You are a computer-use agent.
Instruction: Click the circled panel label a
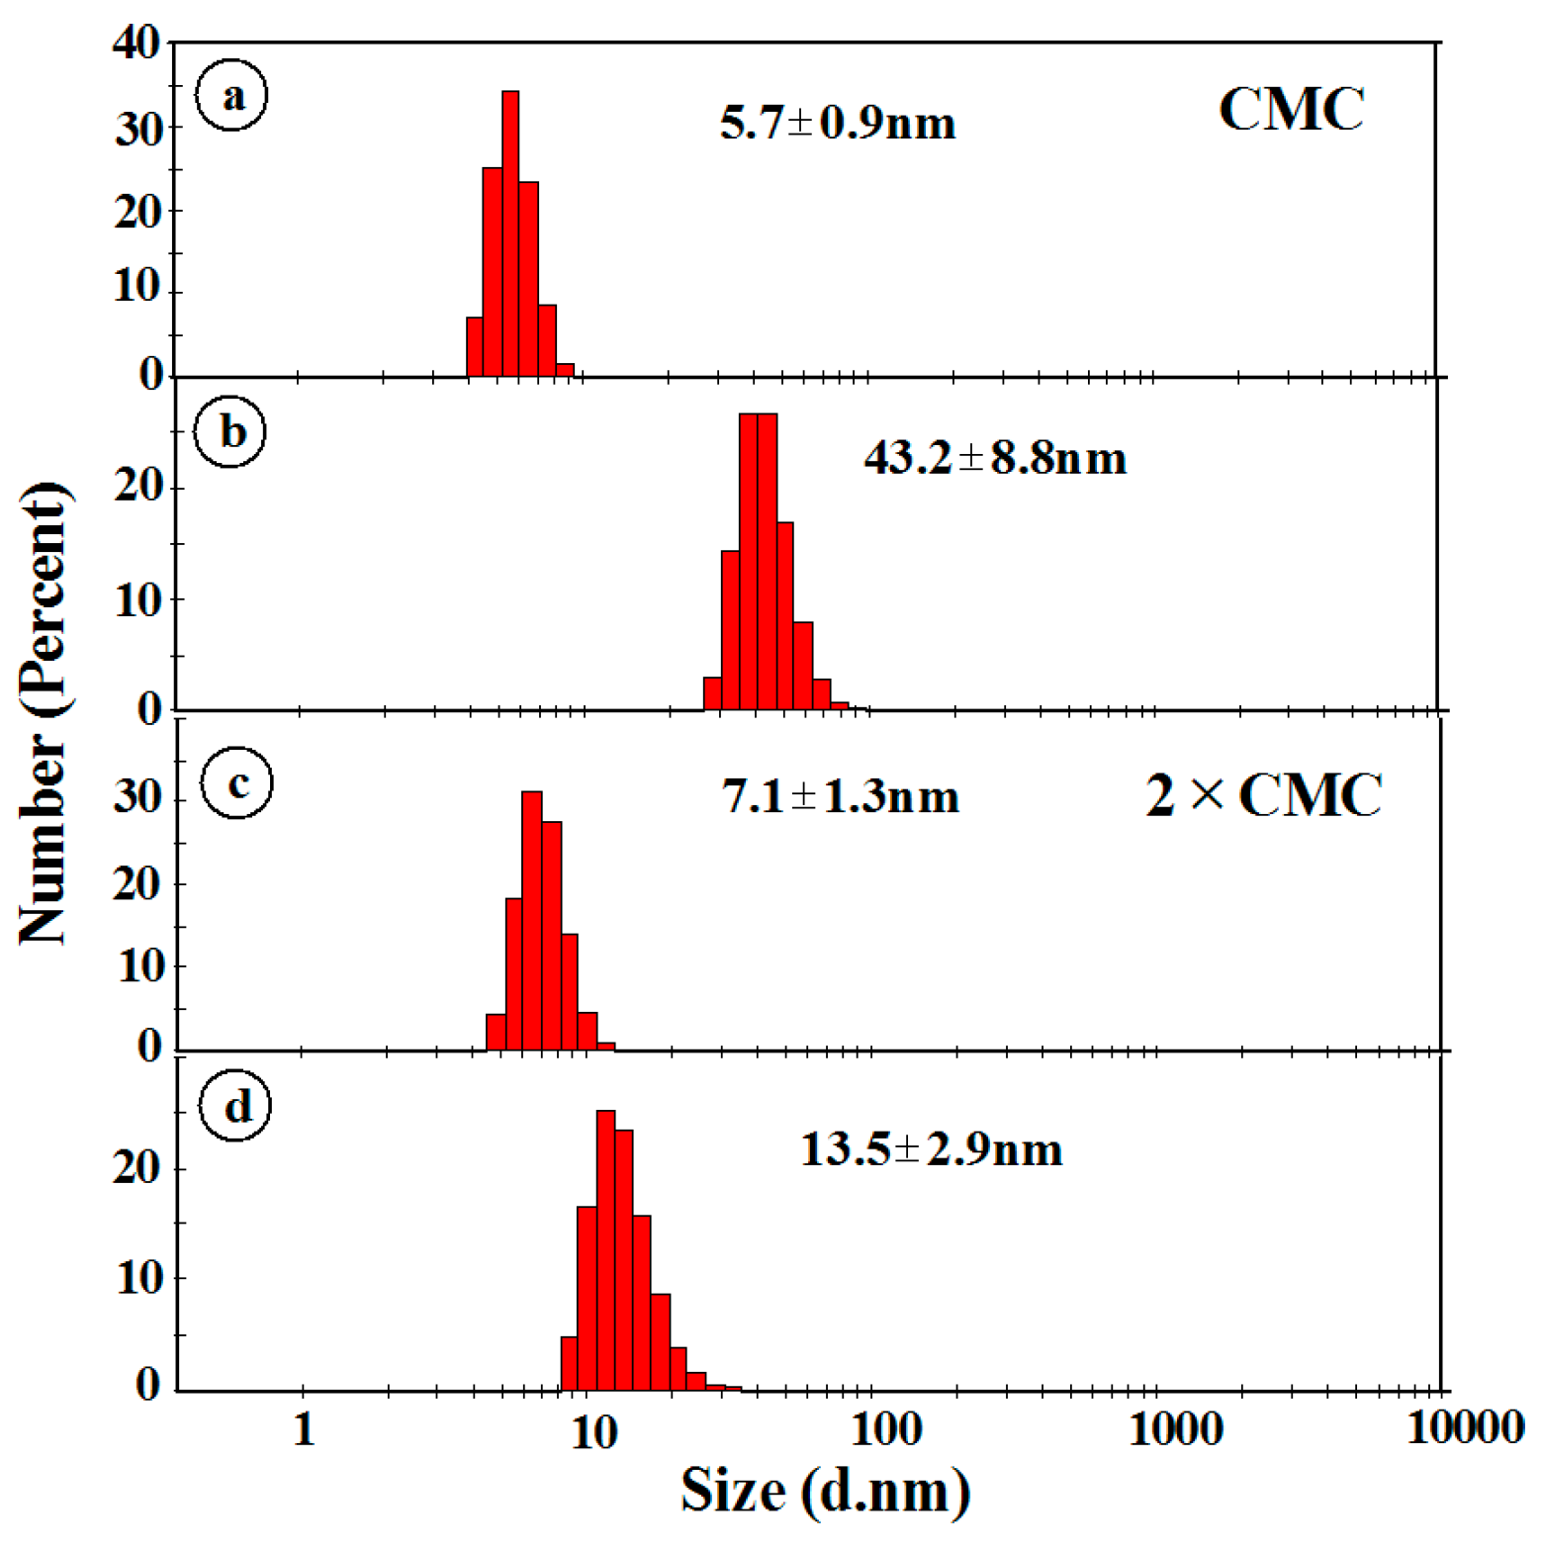point(231,96)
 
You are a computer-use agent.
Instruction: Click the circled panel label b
point(231,432)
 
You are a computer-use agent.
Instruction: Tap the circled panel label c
point(236,783)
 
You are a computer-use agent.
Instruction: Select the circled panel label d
point(236,1106)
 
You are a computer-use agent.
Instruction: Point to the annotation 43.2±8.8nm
point(994,459)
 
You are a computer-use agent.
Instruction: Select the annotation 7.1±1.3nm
point(840,796)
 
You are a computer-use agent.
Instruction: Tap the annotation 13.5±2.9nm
point(931,1149)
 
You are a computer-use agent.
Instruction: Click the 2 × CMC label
point(1263,794)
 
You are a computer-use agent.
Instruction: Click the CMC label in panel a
point(1291,109)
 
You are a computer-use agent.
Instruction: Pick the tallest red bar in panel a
point(510,233)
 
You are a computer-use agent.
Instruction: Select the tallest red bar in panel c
point(532,920)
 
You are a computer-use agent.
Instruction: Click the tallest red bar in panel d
point(606,1249)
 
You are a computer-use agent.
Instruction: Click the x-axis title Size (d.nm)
point(825,1490)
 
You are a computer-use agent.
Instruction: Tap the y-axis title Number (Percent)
point(45,712)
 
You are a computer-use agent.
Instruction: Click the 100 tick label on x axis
point(886,1429)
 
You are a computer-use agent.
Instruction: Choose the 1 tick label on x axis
point(304,1429)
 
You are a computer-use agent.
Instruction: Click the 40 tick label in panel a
point(136,44)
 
